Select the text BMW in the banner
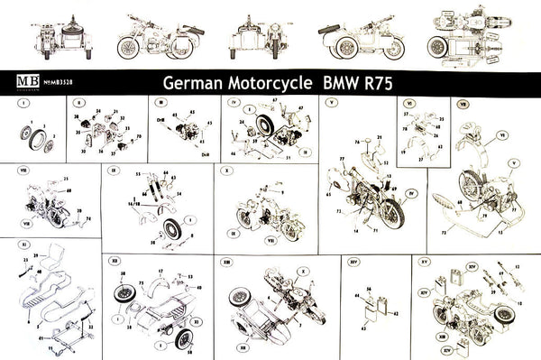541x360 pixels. pyautogui.click(x=338, y=81)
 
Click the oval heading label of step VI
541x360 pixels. pyautogui.click(x=410, y=104)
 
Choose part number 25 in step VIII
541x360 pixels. pyautogui.click(x=68, y=180)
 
